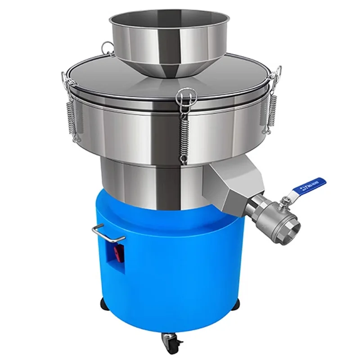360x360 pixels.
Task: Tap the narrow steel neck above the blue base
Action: (x=153, y=175)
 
